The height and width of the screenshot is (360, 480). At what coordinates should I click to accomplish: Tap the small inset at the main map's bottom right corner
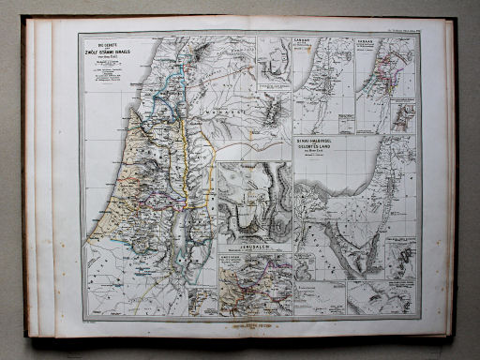tap(200, 301)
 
